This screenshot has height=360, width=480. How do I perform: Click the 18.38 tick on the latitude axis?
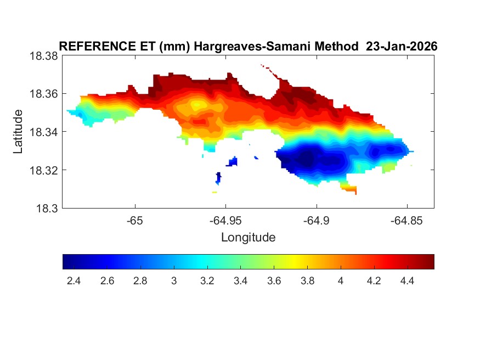(43, 55)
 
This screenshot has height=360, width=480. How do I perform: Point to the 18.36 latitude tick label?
(43, 94)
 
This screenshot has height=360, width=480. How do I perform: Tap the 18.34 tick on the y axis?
(43, 132)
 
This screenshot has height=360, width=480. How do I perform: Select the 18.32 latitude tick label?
(43, 170)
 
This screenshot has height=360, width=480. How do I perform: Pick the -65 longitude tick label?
(134, 222)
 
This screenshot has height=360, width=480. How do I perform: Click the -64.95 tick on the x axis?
(225, 222)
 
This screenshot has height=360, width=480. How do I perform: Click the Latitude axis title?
(18, 132)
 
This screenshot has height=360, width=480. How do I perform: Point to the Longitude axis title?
(248, 238)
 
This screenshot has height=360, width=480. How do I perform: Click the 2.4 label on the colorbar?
(74, 281)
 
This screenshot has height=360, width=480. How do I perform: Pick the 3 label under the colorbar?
(174, 281)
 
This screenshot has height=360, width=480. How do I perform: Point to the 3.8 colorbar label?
(308, 281)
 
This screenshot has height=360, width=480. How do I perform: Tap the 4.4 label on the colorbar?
(408, 281)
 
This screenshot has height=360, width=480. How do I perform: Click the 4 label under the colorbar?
(341, 281)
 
